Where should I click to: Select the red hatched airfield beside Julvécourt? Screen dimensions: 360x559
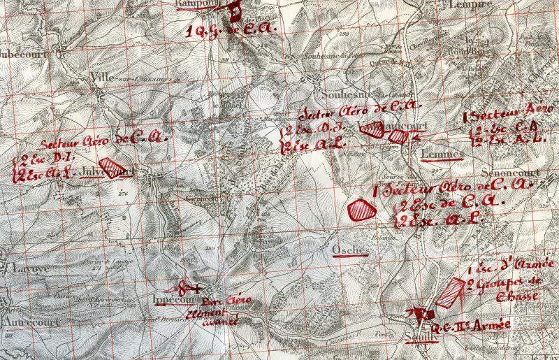[109, 168]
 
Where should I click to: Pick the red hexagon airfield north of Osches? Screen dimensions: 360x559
[361, 209]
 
